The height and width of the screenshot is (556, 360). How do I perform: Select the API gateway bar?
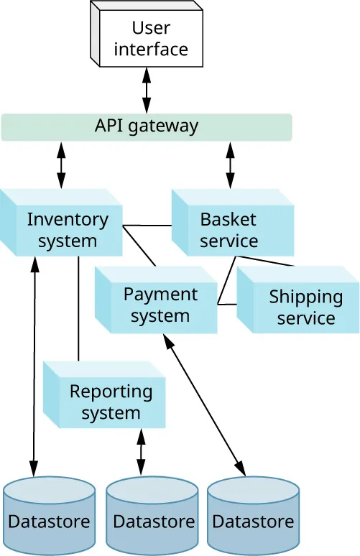pyautogui.click(x=147, y=126)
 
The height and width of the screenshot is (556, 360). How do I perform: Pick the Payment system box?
pyautogui.click(x=160, y=305)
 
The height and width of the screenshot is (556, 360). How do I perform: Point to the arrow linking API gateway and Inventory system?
pyautogui.click(x=61, y=166)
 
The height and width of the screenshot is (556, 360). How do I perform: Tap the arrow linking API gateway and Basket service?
pyautogui.click(x=230, y=166)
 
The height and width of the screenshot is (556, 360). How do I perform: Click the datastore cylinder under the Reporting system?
pyautogui.click(x=152, y=516)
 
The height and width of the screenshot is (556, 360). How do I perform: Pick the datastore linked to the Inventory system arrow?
pyautogui.click(x=49, y=516)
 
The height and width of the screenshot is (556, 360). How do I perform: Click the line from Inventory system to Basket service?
pyautogui.click(x=147, y=226)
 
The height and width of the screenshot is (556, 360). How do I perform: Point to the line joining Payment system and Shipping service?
pyautogui.click(x=227, y=305)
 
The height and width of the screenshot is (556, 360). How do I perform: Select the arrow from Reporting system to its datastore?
pyautogui.click(x=141, y=451)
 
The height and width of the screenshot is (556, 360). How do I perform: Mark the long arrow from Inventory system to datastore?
pyautogui.click(x=33, y=359)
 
